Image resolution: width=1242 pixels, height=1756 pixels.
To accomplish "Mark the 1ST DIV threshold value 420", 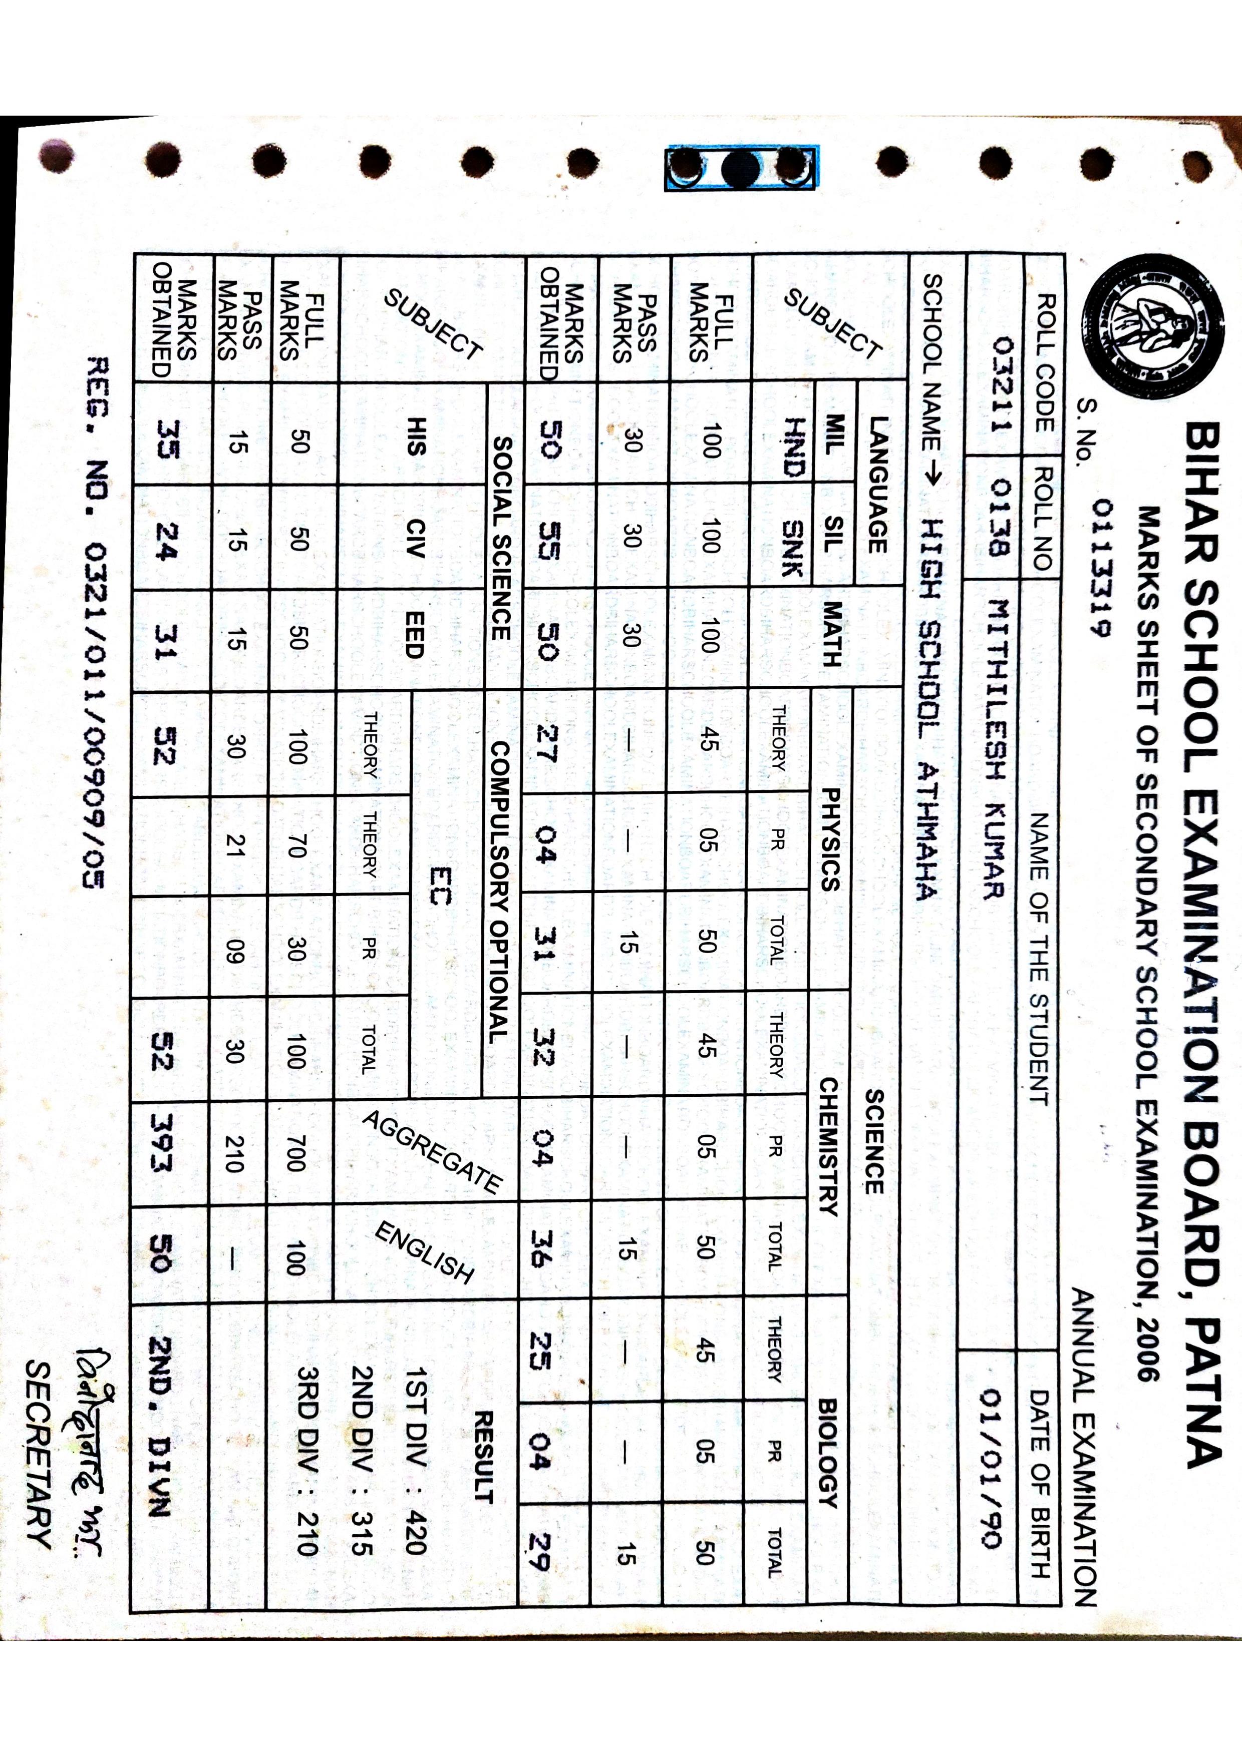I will tap(416, 1533).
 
